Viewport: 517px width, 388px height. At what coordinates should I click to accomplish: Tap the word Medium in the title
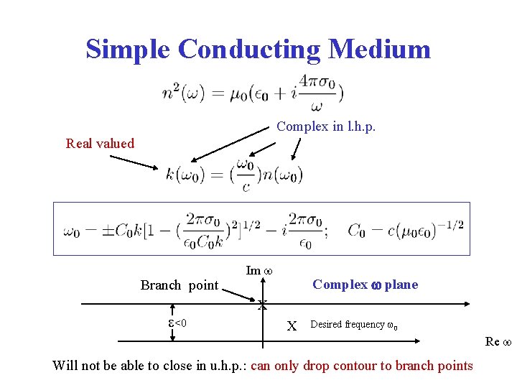379,49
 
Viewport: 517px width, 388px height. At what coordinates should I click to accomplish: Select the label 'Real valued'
100,143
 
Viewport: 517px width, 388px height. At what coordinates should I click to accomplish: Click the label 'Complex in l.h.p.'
326,126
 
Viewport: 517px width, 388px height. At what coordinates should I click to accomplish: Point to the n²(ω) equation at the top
251,93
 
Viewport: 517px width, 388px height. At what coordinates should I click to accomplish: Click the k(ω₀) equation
234,174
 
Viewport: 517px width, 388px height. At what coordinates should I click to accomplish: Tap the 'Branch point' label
179,285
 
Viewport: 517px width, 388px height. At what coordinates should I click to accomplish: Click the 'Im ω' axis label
257,271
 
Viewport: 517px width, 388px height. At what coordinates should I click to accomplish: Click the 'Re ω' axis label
497,341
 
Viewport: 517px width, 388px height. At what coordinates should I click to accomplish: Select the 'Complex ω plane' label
365,285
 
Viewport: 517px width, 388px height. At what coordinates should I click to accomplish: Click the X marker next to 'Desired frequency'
292,325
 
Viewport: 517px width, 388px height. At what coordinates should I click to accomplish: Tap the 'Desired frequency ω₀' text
354,325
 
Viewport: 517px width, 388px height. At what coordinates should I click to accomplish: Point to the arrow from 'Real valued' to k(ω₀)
134,162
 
